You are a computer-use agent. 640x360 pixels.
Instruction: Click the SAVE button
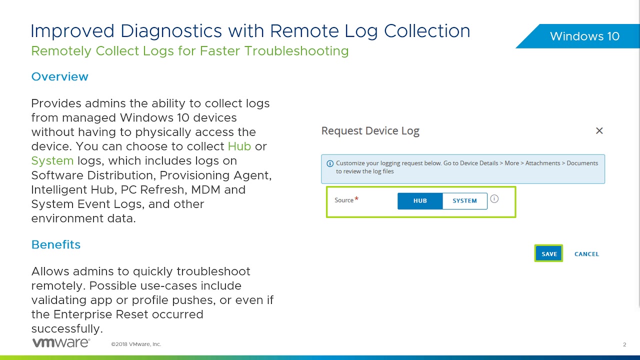[x=549, y=254]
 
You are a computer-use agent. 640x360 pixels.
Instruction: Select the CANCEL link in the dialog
[x=586, y=254]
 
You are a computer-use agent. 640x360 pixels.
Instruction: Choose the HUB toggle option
[x=420, y=200]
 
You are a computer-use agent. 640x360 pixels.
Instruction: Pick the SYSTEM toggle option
[x=464, y=200]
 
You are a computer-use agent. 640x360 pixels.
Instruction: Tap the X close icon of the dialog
[x=599, y=131]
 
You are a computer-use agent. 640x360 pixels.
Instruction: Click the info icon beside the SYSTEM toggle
[x=494, y=199]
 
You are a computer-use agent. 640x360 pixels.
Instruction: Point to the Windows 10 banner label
[x=584, y=36]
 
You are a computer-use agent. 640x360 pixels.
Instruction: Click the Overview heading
[x=59, y=76]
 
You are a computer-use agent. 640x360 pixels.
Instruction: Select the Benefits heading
[x=55, y=244]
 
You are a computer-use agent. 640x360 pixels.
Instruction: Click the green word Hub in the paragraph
[x=239, y=146]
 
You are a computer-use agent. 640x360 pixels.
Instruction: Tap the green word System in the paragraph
[x=52, y=161]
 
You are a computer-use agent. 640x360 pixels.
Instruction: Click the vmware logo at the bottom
[x=61, y=343]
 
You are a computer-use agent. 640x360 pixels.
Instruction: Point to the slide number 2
[x=624, y=344]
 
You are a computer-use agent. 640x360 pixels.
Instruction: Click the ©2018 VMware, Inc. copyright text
[x=136, y=344]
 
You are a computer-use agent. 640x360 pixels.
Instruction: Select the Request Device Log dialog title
[x=370, y=131]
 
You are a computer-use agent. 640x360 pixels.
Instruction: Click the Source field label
[x=343, y=200]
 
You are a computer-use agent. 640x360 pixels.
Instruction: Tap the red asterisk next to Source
[x=356, y=199]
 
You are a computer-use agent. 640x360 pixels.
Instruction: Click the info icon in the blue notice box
[x=330, y=163]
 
